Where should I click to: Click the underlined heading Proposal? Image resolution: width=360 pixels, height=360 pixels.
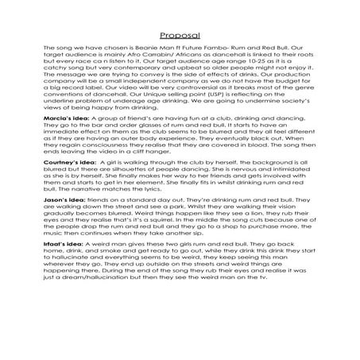click(x=180, y=36)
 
